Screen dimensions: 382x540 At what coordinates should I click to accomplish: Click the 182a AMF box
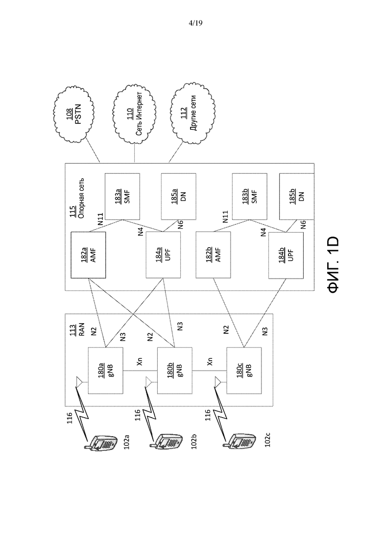[88, 255]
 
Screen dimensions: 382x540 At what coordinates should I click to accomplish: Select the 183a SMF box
[122, 196]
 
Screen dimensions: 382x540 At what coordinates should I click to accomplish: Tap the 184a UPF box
[163, 255]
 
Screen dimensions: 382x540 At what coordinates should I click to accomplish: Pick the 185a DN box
[179, 196]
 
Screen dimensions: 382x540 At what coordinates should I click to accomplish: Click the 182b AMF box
[213, 255]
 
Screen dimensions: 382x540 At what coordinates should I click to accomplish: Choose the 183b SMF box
[249, 196]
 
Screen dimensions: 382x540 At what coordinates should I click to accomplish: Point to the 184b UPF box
[286, 256]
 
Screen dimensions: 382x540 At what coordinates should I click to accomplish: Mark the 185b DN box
[297, 196]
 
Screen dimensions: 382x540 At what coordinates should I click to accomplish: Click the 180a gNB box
[105, 371]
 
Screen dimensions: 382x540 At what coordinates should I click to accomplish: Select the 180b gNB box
[175, 371]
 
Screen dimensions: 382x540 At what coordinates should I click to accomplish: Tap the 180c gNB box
[244, 371]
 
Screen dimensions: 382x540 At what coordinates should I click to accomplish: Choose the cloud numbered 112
[193, 113]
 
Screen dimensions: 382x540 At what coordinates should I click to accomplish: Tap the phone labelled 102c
[240, 441]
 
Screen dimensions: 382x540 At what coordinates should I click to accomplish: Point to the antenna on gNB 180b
[148, 382]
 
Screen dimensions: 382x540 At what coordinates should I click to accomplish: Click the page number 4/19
[195, 23]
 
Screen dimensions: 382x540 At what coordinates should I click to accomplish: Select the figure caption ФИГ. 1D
[334, 265]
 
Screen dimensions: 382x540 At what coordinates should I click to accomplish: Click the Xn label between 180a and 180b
[139, 362]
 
